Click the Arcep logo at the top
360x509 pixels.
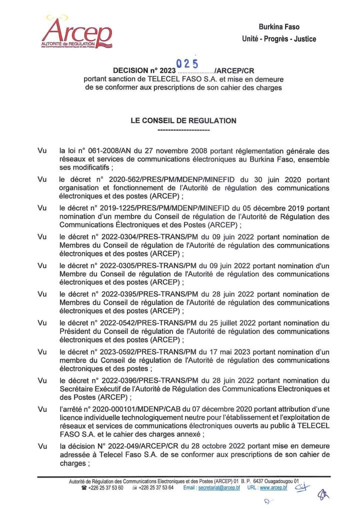tap(76, 32)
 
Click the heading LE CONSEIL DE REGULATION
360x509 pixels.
tap(183, 120)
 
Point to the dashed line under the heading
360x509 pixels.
tap(183, 130)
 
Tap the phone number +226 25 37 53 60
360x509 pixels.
tap(106, 487)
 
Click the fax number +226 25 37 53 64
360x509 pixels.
tap(156, 487)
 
